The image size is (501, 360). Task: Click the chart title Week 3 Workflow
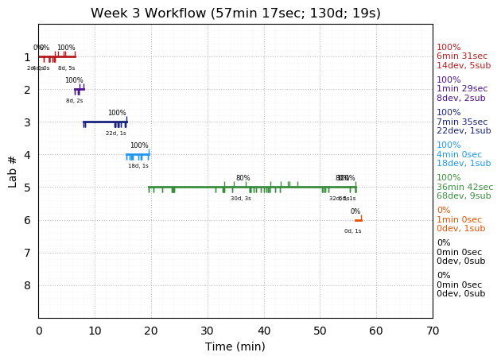coord(235,14)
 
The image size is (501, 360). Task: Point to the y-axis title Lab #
coord(13,171)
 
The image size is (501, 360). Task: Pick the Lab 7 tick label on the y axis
coord(27,253)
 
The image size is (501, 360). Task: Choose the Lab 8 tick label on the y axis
coord(27,285)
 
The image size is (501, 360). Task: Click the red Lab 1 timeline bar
coord(57,56)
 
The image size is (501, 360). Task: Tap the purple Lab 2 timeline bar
coord(79,89)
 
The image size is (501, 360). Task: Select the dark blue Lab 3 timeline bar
coord(105,122)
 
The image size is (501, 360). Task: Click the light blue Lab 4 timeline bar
coord(138,154)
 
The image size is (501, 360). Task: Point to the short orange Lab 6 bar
coord(358,220)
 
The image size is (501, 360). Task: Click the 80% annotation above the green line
coord(243,178)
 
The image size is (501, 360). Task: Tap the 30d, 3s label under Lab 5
coord(241,199)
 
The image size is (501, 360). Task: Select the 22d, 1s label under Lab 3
coord(116,134)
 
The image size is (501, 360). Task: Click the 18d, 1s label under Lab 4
coord(138,166)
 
